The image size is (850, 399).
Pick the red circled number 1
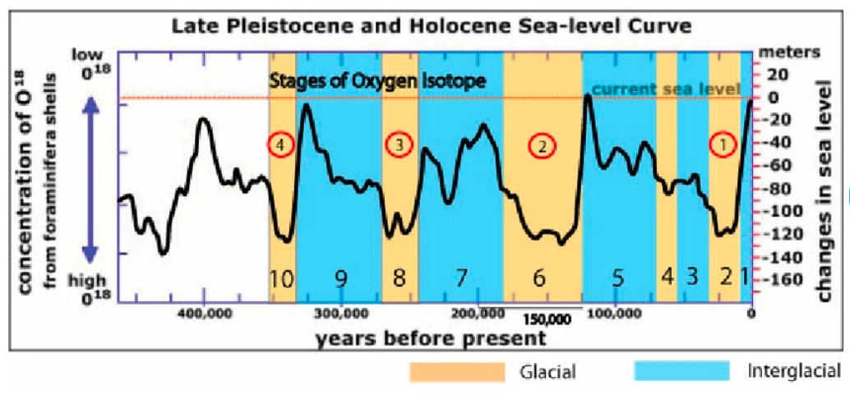(x=723, y=144)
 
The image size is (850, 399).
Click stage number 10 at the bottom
(x=280, y=278)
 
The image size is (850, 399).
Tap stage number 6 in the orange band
(x=539, y=278)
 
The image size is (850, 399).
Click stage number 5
(x=617, y=278)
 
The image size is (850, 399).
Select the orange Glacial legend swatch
(x=457, y=372)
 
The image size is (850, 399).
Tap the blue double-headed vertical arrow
(x=92, y=173)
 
